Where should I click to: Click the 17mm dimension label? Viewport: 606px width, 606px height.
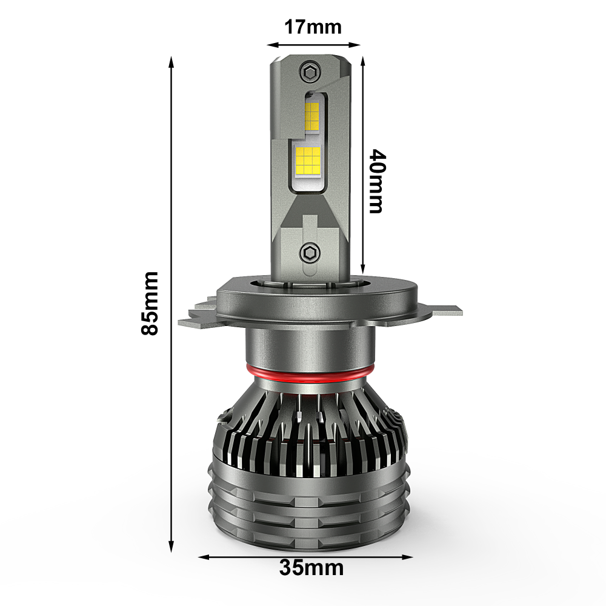[313, 27]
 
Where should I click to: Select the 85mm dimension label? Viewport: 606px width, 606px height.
[149, 303]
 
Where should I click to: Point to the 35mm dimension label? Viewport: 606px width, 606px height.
[311, 568]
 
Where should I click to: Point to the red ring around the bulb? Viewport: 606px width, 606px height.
[309, 374]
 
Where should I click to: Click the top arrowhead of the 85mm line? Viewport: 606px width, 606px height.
[172, 61]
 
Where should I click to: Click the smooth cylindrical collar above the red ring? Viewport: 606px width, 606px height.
[309, 348]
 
